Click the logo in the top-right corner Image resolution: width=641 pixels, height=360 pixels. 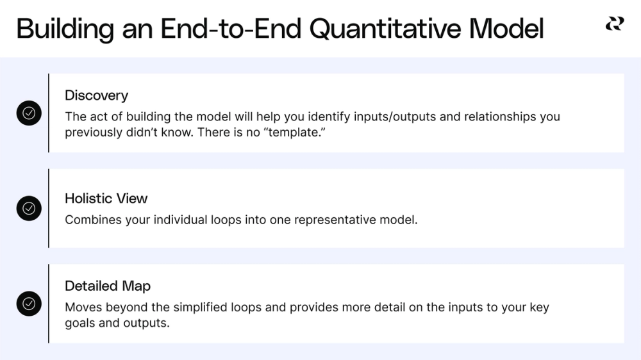pyautogui.click(x=614, y=24)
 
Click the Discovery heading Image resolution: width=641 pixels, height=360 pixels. pyautogui.click(x=96, y=95)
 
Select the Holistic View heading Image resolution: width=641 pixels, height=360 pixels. pyautogui.click(x=106, y=199)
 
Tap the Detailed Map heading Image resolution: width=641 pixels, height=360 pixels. pyautogui.click(x=108, y=286)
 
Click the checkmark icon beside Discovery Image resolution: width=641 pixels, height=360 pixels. pyautogui.click(x=29, y=113)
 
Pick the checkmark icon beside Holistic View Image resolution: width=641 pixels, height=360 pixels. pyautogui.click(x=29, y=208)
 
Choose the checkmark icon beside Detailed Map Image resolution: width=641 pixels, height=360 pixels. pyautogui.click(x=29, y=304)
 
